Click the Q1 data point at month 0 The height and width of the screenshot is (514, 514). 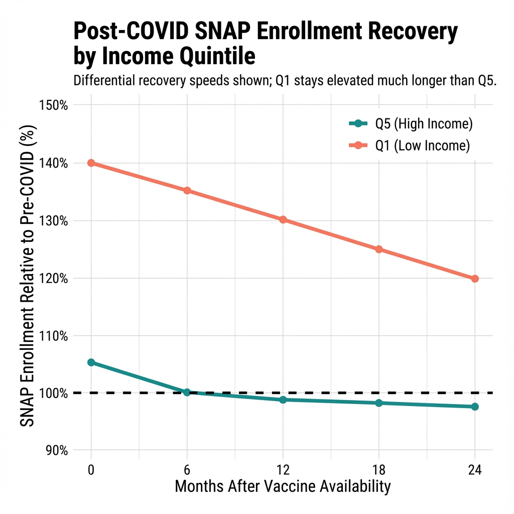click(91, 163)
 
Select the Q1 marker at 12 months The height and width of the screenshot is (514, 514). click(283, 220)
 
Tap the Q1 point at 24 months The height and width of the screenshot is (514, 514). click(475, 279)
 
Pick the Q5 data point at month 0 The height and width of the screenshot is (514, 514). click(91, 362)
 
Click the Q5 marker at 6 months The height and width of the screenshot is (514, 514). click(187, 392)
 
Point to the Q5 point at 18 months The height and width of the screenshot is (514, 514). click(379, 403)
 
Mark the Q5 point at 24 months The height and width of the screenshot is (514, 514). click(475, 407)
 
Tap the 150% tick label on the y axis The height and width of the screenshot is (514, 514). click(53, 105)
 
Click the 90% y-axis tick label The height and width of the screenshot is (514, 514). click(55, 450)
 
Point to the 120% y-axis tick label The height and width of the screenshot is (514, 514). click(53, 279)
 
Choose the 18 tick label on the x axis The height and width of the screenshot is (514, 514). click(379, 470)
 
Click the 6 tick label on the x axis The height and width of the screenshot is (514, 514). click(187, 470)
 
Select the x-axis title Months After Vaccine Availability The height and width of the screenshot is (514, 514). click(283, 487)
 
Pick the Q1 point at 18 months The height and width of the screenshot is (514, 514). click(379, 249)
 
